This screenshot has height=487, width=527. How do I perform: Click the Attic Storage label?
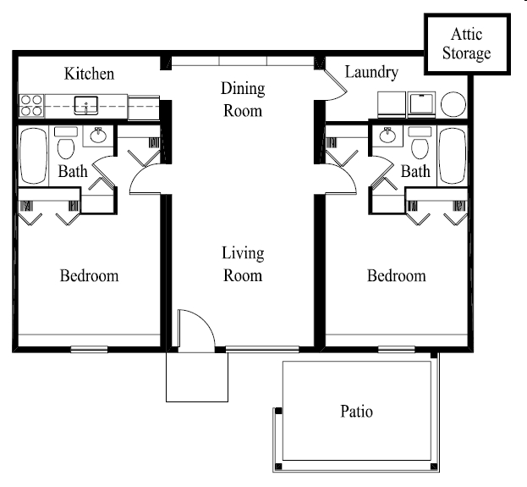[x=469, y=45]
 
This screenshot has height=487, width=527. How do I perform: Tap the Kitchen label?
[x=89, y=75]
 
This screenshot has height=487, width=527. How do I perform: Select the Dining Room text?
[x=243, y=99]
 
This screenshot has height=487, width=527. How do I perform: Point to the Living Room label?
[x=243, y=264]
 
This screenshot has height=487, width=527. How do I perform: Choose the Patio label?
[x=356, y=412]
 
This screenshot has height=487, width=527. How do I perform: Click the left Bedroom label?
[x=89, y=276]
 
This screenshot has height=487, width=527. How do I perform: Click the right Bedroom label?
[x=396, y=276]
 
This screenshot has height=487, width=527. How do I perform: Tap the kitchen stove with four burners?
[x=31, y=105]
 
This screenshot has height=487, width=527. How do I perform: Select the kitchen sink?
[x=86, y=106]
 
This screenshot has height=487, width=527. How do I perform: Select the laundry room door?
[x=335, y=83]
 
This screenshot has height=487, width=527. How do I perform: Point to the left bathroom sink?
[x=97, y=135]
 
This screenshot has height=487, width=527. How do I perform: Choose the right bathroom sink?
[x=388, y=135]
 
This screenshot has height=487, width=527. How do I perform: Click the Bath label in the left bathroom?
[x=72, y=172]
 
